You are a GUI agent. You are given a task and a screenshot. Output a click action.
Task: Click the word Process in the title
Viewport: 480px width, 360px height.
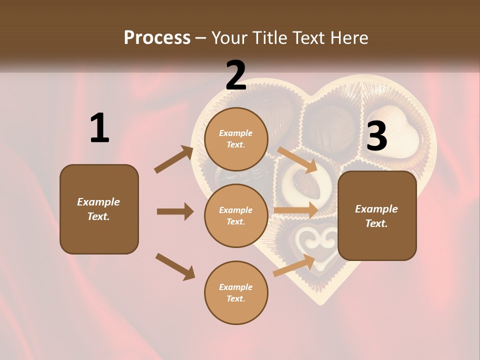pos(157,37)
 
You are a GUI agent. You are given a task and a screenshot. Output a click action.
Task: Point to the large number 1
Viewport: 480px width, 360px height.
pos(99,128)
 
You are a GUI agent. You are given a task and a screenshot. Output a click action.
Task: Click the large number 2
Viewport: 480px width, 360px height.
pos(236,75)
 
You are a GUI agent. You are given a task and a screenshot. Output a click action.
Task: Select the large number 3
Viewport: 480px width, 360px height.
pos(376,136)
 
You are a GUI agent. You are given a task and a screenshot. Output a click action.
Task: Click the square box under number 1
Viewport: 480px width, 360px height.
pos(99,209)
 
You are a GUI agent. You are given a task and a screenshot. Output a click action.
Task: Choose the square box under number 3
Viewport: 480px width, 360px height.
pos(377,215)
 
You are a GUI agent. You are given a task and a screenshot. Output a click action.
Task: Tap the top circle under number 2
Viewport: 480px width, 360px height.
pos(236,139)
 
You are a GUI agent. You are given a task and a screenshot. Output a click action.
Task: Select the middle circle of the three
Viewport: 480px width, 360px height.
pos(236,215)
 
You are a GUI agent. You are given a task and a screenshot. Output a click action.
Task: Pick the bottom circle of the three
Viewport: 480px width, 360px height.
pos(236,292)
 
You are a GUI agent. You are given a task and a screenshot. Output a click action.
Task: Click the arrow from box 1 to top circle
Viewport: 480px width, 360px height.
pos(173,159)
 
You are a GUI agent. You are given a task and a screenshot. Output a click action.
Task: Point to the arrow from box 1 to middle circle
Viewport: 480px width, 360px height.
pos(175,211)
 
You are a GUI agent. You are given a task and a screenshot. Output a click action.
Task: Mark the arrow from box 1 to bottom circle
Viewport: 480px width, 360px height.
pos(175,266)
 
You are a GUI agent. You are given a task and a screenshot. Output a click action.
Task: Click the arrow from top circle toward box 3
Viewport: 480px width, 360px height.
pos(297,159)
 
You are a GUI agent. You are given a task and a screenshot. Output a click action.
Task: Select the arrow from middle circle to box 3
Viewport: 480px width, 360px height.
pos(296,210)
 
